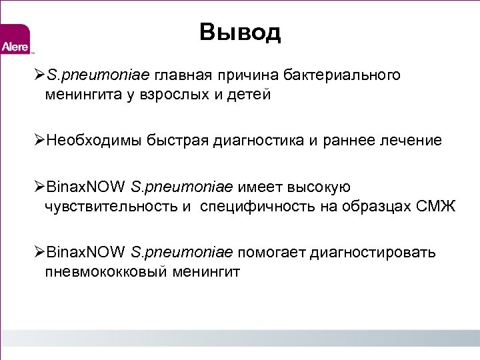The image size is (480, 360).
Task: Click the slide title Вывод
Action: [240, 32]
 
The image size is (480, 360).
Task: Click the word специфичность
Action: [257, 207]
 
